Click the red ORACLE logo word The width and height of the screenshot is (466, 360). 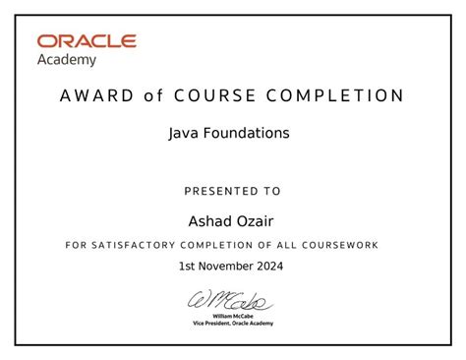pos(87,41)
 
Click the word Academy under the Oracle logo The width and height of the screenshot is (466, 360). pos(67,59)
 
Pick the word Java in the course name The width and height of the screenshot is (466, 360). pos(186,133)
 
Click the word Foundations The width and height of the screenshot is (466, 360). pos(248,133)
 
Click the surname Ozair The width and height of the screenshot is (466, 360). pos(255,218)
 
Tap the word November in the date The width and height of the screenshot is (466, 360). pos(226,267)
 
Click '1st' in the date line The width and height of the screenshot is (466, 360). pos(188,267)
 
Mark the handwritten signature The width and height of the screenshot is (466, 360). pos(231,299)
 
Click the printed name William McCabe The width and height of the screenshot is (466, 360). pos(233,316)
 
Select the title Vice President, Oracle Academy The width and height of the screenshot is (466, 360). pos(233,324)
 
